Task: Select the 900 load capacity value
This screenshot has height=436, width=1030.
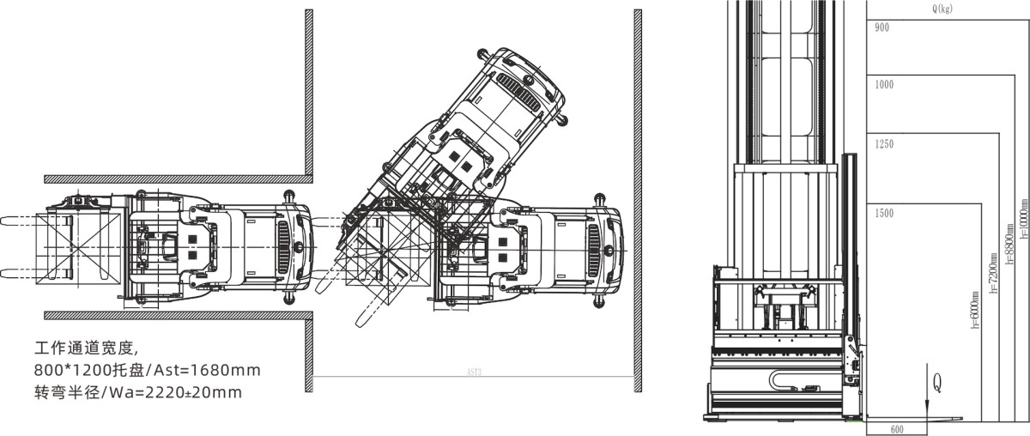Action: (882, 28)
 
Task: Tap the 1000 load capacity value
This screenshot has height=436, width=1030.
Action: (883, 84)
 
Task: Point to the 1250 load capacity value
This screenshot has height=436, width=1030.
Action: (883, 145)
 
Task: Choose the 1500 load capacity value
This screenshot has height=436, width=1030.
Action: (883, 212)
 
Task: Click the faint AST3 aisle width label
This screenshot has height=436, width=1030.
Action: (474, 373)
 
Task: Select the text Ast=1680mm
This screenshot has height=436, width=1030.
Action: (207, 370)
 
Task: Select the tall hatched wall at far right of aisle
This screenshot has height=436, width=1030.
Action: (638, 193)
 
